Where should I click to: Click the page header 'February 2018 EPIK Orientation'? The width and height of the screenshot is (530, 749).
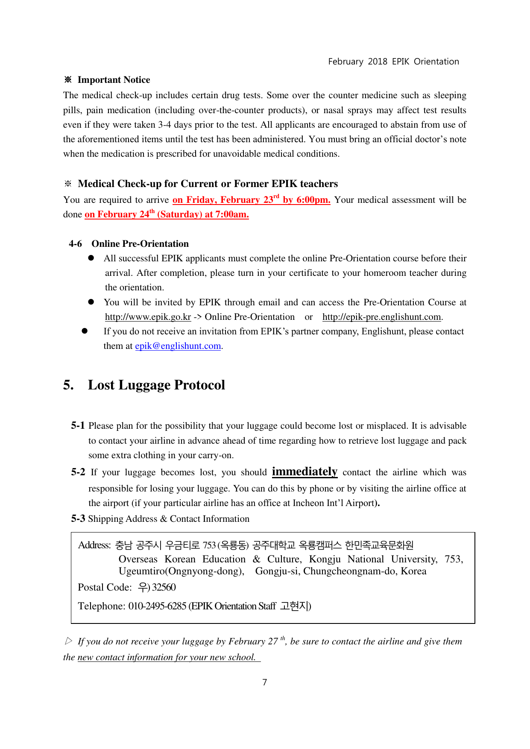coord(393,61)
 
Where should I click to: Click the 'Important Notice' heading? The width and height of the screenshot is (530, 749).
coord(114,80)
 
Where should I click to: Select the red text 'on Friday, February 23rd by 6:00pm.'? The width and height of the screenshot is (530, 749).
coord(251,200)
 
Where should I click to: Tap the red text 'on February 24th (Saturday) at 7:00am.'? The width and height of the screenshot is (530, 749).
coord(167,214)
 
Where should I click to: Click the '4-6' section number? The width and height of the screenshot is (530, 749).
coord(75,244)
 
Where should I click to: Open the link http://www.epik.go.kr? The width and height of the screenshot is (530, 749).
coord(148,317)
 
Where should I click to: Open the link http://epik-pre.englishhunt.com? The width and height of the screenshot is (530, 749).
coord(381,317)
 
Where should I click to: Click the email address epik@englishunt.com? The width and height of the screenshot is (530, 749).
coord(178,346)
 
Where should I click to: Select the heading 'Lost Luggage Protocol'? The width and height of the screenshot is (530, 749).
coord(156,385)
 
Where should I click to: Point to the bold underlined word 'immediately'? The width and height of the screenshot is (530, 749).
coord(305,471)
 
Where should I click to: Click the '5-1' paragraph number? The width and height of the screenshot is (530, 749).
coord(78,426)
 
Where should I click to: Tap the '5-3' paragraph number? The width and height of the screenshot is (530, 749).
coord(78,519)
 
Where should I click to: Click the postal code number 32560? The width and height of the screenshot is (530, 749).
coord(164,588)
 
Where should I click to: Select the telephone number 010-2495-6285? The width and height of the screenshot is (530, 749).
coord(157,606)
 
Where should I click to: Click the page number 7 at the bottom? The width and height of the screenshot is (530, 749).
coord(265,682)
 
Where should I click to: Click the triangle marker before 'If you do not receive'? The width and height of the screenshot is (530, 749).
coord(69,641)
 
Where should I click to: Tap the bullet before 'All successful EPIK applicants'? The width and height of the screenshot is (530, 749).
coord(91,258)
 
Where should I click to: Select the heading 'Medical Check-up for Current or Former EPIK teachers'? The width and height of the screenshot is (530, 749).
coord(208,184)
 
